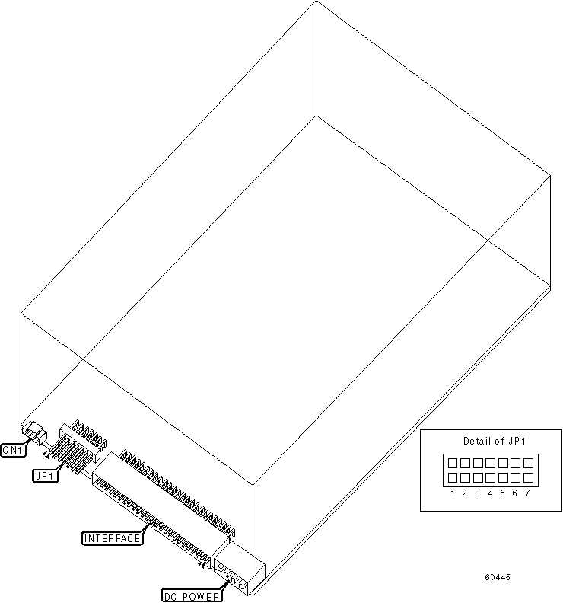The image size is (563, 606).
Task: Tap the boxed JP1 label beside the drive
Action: (43, 475)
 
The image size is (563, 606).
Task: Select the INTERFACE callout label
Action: (113, 538)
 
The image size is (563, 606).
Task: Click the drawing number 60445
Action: (497, 577)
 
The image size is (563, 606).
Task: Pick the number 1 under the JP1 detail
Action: (452, 493)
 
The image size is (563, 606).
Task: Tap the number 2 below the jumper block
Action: (464, 493)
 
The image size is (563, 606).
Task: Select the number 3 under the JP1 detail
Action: (477, 493)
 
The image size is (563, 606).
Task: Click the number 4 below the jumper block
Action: (490, 493)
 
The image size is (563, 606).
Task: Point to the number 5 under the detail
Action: (502, 493)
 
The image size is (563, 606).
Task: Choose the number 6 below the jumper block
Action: (514, 493)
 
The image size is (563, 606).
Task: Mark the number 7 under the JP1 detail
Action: (526, 493)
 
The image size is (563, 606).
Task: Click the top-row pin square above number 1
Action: (452, 463)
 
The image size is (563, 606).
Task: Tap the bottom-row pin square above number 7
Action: (526, 477)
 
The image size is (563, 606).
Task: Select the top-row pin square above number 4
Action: (489, 463)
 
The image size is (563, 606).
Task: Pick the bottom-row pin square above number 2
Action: (464, 477)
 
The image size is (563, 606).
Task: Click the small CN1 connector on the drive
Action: (32, 432)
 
